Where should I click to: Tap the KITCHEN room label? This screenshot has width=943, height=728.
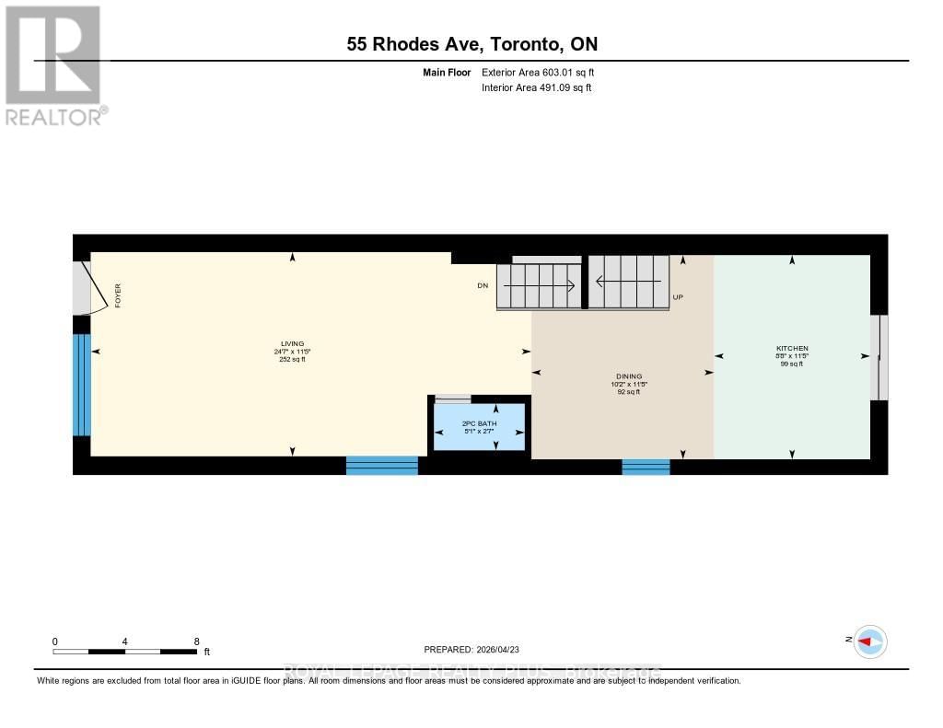[x=792, y=348]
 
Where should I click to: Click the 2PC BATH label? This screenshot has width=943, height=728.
[x=479, y=423]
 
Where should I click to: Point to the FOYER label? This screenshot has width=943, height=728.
[x=118, y=295]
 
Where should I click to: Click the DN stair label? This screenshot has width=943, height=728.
[x=482, y=286]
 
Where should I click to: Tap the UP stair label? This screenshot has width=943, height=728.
[x=678, y=297]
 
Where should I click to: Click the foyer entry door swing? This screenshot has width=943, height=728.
[x=84, y=287]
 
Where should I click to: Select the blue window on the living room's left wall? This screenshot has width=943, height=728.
[x=82, y=384]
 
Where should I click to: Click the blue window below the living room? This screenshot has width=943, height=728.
[x=381, y=466]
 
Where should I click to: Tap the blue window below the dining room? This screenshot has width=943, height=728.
[x=646, y=467]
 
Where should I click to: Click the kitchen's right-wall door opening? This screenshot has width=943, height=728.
[x=879, y=357]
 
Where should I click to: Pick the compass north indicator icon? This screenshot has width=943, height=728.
[x=869, y=641]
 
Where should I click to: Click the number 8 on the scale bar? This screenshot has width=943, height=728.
[x=196, y=641]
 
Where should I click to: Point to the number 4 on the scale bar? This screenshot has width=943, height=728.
[x=124, y=641]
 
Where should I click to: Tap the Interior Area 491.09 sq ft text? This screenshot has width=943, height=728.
[x=536, y=88]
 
